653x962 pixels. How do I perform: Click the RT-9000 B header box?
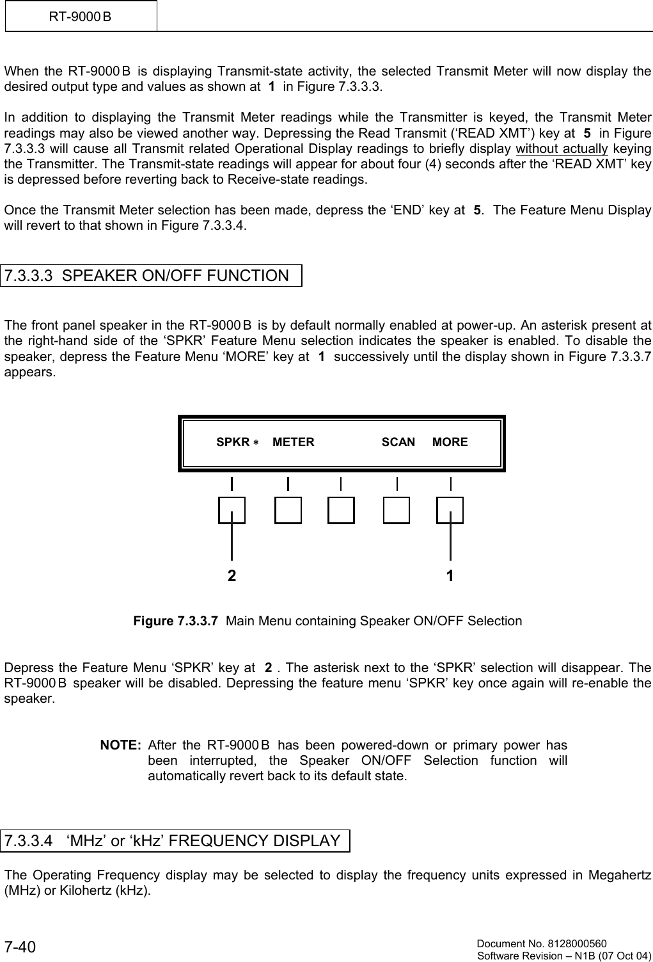pyautogui.click(x=81, y=16)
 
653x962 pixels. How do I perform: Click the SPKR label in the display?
pyautogui.click(x=233, y=442)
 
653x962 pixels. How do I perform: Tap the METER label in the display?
pyautogui.click(x=294, y=442)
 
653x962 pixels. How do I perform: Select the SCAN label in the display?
pyautogui.click(x=398, y=442)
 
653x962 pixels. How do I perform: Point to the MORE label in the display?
pyautogui.click(x=450, y=442)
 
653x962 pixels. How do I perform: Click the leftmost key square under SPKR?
pyautogui.click(x=232, y=510)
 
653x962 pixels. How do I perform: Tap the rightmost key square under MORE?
pyautogui.click(x=450, y=510)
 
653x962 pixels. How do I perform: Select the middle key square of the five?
pyautogui.click(x=341, y=510)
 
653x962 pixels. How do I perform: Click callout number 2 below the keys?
pyautogui.click(x=232, y=576)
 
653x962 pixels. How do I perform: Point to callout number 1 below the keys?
pyautogui.click(x=450, y=576)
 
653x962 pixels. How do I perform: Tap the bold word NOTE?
pyautogui.click(x=121, y=746)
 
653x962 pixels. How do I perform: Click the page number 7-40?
pyautogui.click(x=21, y=947)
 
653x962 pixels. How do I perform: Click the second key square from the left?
pyautogui.click(x=288, y=510)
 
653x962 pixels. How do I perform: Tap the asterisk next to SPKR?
pyautogui.click(x=255, y=443)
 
